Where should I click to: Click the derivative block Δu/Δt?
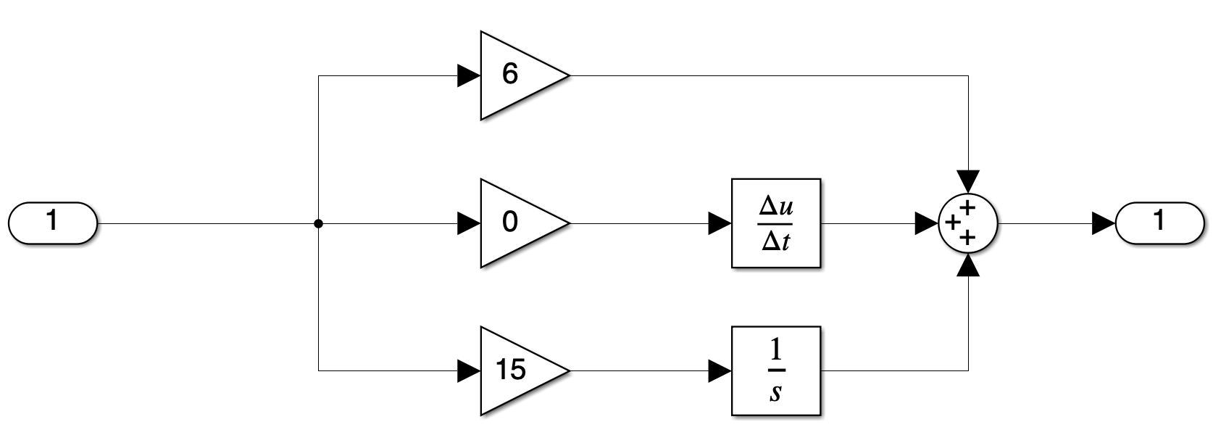click(x=776, y=223)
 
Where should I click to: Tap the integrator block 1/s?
click(x=776, y=370)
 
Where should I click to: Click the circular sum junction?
click(x=968, y=223)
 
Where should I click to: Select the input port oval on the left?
click(x=52, y=222)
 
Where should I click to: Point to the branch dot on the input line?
click(x=318, y=223)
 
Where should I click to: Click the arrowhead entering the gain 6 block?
click(x=469, y=75)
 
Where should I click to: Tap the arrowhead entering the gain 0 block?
click(x=469, y=223)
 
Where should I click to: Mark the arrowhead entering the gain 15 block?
click(x=469, y=370)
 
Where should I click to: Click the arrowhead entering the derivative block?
click(x=720, y=223)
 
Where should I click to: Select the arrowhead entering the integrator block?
click(x=720, y=370)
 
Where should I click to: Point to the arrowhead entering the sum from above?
click(x=968, y=181)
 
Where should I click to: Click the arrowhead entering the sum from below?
click(x=968, y=266)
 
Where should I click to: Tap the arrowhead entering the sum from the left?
click(x=927, y=223)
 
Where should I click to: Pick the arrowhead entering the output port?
click(x=1104, y=223)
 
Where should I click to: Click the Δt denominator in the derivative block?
click(x=776, y=241)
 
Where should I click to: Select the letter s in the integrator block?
click(x=776, y=392)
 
